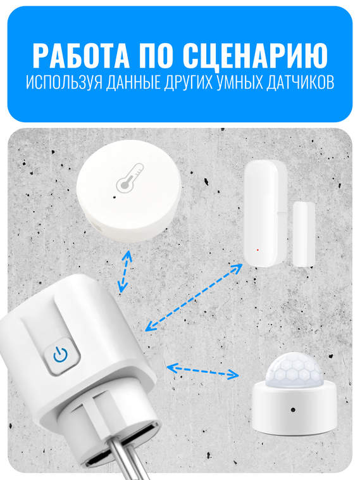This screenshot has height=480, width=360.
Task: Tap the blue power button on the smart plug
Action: [61, 355]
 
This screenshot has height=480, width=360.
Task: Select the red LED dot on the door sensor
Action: [258, 249]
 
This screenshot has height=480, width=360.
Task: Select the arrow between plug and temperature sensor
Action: [125, 271]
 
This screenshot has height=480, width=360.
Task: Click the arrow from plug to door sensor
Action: [194, 297]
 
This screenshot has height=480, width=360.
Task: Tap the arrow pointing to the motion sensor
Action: [202, 370]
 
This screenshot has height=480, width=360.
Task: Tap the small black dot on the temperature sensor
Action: [113, 196]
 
